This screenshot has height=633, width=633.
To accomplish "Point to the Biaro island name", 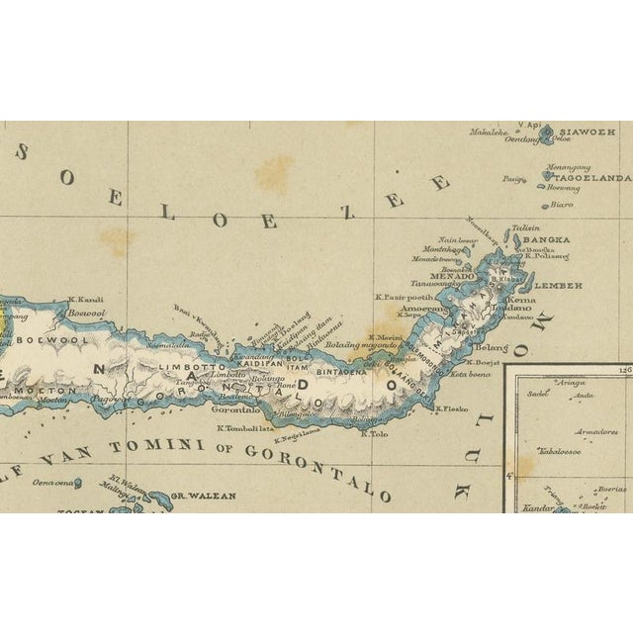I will tap(561, 206).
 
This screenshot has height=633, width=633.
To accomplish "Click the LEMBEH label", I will tap(563, 285).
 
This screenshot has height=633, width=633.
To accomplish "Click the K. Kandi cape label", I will tap(86, 300).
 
